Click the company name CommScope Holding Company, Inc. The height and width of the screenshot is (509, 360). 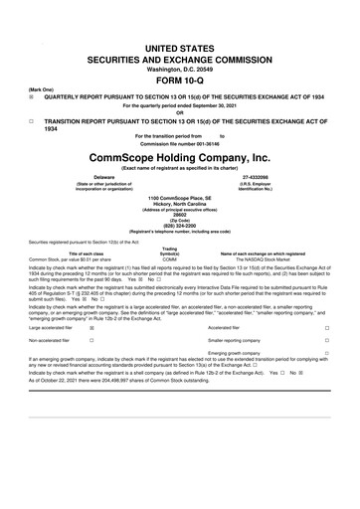pos(179,156)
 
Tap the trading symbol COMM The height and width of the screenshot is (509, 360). pos(169,258)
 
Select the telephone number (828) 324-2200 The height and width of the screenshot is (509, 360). pos(179,225)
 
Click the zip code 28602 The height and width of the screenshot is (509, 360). pos(179,214)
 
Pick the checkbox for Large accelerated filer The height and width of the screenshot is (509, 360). pos(119,327)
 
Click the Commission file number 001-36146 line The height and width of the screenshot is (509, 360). pos(179,141)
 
